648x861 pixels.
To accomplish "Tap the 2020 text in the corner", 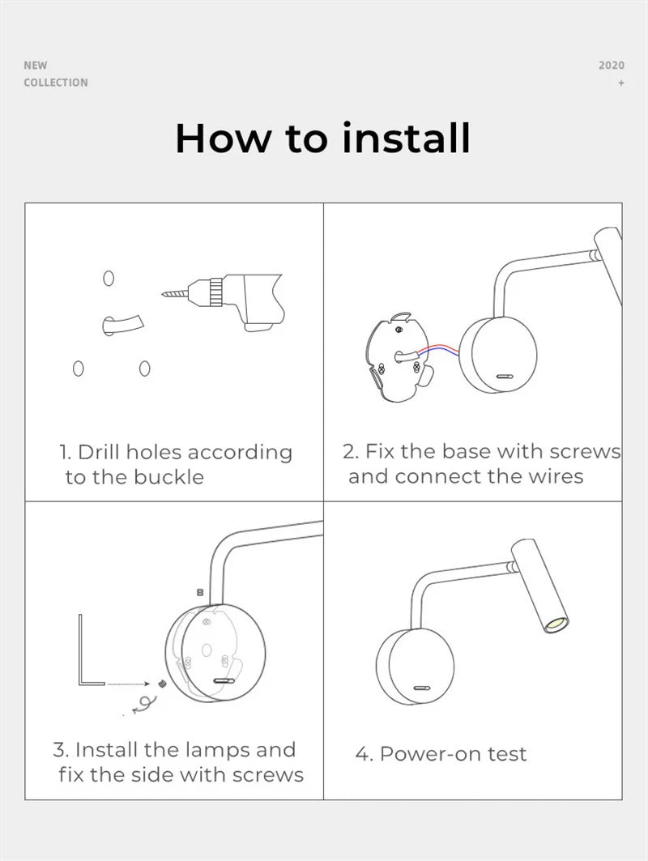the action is coord(612,66).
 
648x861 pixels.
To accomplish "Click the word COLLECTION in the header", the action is coord(55,83).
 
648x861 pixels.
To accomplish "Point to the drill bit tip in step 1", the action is coord(163,294).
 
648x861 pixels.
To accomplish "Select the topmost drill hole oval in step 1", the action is coord(109,279).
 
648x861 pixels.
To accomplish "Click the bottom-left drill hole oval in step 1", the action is coord(79,369).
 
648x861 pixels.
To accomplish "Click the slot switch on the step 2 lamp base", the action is coord(504,377).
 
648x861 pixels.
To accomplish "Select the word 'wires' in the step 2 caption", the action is coord(555,476).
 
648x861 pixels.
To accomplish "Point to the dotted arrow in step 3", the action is coord(128,684).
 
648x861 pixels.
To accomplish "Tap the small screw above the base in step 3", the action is coord(200,592).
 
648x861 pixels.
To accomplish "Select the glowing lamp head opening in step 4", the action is coord(556,624).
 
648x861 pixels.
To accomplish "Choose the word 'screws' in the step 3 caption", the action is coord(268,775).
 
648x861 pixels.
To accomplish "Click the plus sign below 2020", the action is coord(621,83).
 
